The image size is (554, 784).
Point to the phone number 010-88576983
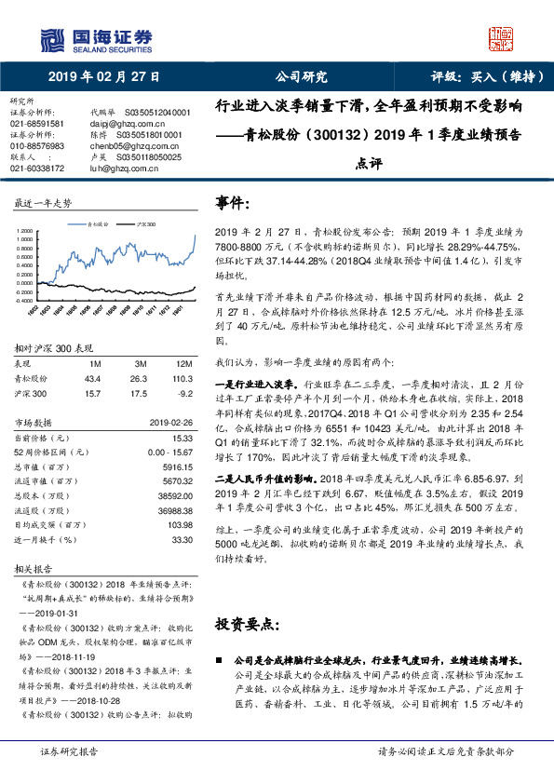(x=37, y=146)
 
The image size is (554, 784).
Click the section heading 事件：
(x=235, y=202)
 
